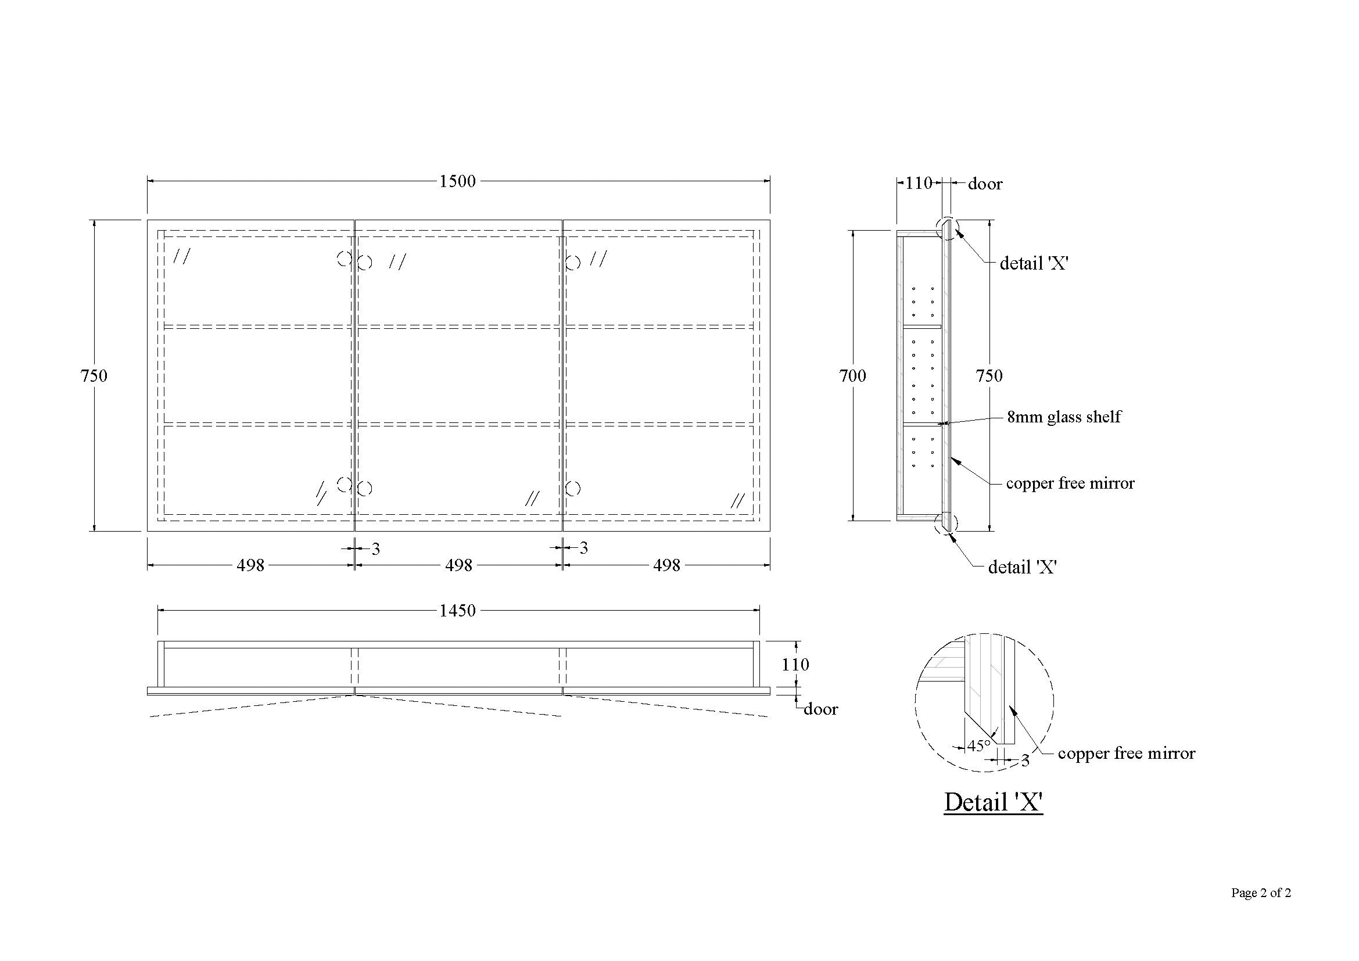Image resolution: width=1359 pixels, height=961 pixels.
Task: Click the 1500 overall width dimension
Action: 457,181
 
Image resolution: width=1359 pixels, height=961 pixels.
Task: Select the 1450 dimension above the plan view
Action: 457,610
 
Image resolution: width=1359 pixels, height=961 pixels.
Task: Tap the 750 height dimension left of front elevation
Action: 94,375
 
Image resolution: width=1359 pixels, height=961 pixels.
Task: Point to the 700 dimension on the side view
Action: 852,375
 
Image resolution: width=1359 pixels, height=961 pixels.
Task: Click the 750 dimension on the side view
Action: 989,375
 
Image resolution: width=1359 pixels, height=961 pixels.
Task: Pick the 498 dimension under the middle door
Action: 459,565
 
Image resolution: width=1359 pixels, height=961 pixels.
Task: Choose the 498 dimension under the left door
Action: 250,565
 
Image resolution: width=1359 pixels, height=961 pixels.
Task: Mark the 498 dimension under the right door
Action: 666,565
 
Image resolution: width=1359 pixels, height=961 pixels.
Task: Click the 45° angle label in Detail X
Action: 978,746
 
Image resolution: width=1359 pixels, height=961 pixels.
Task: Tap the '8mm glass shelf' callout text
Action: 1064,417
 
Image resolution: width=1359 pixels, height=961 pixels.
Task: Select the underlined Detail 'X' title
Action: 993,802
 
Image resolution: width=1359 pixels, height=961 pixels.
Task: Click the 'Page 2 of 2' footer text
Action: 1261,892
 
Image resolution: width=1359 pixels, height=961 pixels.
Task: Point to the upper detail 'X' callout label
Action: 1034,263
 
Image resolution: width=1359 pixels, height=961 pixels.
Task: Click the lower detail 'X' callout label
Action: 1022,568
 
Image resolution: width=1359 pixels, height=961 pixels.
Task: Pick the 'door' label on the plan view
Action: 820,709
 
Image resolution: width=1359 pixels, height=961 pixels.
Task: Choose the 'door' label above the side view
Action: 985,184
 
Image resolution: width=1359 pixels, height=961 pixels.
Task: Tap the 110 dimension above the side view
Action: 919,183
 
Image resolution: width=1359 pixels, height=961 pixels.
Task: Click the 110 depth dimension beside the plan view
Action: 795,665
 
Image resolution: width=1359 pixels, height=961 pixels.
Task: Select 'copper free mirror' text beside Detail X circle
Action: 1127,754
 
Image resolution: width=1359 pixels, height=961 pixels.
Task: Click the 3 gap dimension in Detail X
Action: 1025,761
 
